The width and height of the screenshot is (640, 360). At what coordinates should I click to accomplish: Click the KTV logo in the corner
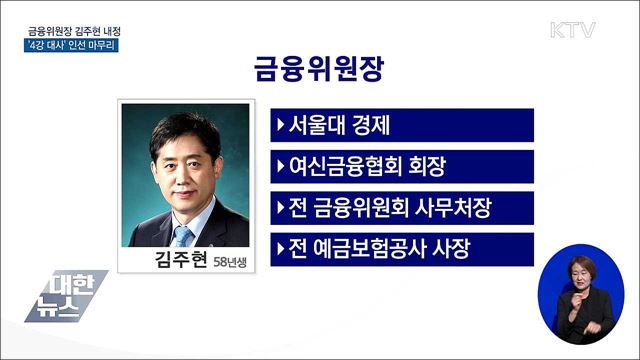[x=572, y=30]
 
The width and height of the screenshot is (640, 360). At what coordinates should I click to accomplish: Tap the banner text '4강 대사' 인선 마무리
[x=73, y=46]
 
